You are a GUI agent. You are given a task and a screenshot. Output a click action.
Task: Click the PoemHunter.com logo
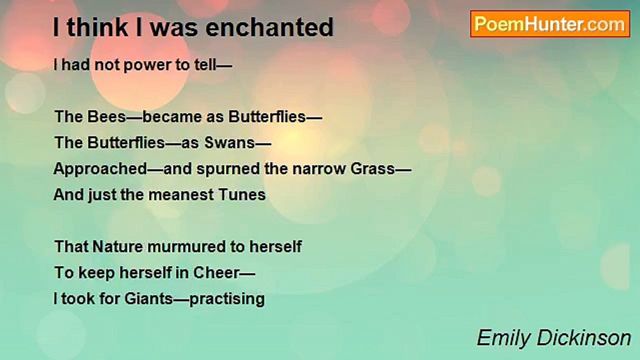(x=550, y=24)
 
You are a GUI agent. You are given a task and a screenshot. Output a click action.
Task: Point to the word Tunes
(x=242, y=195)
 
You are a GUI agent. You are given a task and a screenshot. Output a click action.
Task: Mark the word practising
(x=227, y=299)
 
